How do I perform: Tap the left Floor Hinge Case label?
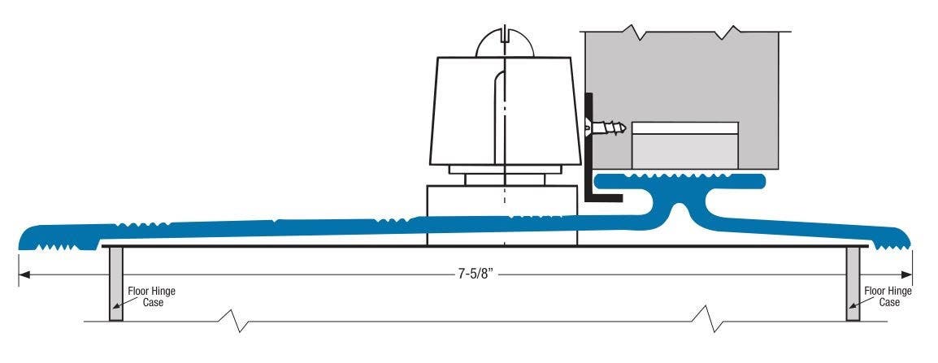(151, 296)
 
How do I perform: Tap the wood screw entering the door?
(608, 128)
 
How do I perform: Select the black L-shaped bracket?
(590, 162)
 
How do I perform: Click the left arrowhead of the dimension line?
(25, 274)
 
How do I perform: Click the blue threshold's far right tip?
(905, 240)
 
